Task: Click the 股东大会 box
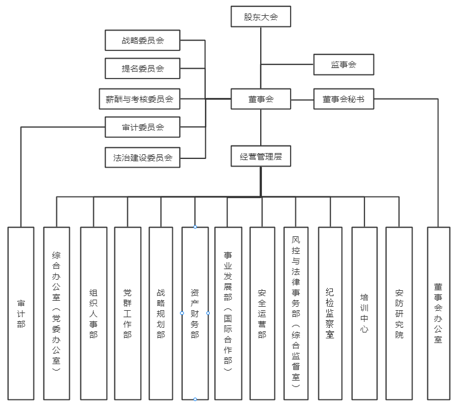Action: point(261,17)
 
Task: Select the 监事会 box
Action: point(343,64)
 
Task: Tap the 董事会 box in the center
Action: point(261,99)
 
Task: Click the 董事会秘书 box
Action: point(343,99)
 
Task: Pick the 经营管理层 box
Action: point(261,157)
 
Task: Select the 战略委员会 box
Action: point(143,40)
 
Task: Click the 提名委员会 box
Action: point(143,69)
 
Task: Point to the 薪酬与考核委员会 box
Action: point(139,99)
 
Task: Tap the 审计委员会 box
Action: point(143,127)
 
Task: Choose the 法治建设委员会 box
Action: point(143,157)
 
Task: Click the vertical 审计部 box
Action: point(21,313)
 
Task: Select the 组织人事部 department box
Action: point(93,313)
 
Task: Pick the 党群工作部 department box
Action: point(127,313)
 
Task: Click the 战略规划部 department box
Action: point(161,313)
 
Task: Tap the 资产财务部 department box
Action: point(195,313)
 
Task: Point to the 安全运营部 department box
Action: point(262,313)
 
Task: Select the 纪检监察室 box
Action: point(330,313)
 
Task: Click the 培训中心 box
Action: point(364,313)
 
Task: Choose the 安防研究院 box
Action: point(399,313)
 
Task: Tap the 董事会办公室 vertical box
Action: point(438,313)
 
